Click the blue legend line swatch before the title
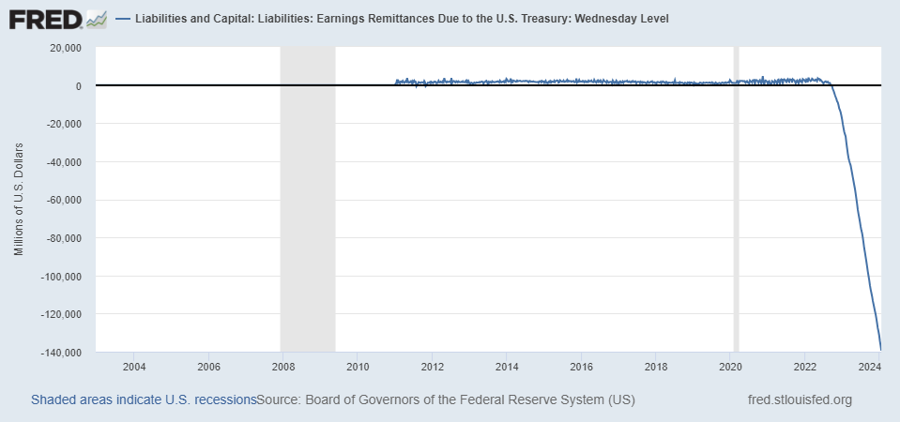click(x=123, y=19)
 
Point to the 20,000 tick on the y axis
click(x=65, y=48)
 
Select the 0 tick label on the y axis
click(x=76, y=86)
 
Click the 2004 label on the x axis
click(x=134, y=366)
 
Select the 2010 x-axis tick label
click(x=358, y=366)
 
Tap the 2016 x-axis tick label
click(x=582, y=366)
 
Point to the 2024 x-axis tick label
click(x=870, y=366)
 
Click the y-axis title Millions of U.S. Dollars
click(x=20, y=200)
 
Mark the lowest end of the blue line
click(x=880, y=350)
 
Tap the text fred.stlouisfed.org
click(x=800, y=400)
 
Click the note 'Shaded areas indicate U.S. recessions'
click(x=144, y=400)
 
